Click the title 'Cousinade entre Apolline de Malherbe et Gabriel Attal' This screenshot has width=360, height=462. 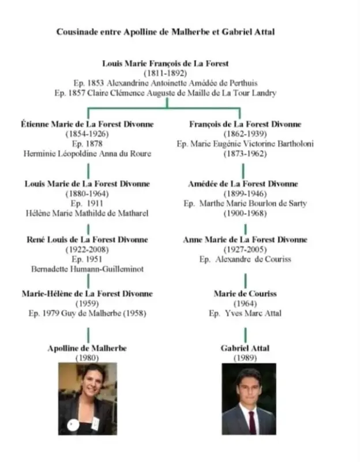coord(166,32)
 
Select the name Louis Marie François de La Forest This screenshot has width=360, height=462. coord(166,64)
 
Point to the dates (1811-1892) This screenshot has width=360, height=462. coord(166,73)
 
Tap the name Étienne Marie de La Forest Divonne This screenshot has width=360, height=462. coord(88,124)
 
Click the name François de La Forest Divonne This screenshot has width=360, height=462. coord(245,124)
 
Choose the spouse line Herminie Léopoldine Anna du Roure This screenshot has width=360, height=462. coord(88,154)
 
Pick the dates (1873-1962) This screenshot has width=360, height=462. coord(245,154)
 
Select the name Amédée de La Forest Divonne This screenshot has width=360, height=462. coord(243,184)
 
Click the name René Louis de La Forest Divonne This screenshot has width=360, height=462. coord(88,240)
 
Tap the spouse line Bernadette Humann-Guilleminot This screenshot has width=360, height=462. coord(88,269)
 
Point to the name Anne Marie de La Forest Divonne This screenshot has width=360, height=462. coord(245,240)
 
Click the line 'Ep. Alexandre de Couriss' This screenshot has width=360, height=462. coord(245,259)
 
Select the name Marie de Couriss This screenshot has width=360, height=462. coord(245,294)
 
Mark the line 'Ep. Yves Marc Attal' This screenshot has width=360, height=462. coord(245,313)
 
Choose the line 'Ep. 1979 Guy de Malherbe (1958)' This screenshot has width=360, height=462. coord(88,313)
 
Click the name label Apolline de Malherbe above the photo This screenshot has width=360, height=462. coord(87,348)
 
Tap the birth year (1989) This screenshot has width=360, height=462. coord(245,358)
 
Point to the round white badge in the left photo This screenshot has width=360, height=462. coord(73,425)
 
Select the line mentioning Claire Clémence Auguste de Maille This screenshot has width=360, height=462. coord(166,93)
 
